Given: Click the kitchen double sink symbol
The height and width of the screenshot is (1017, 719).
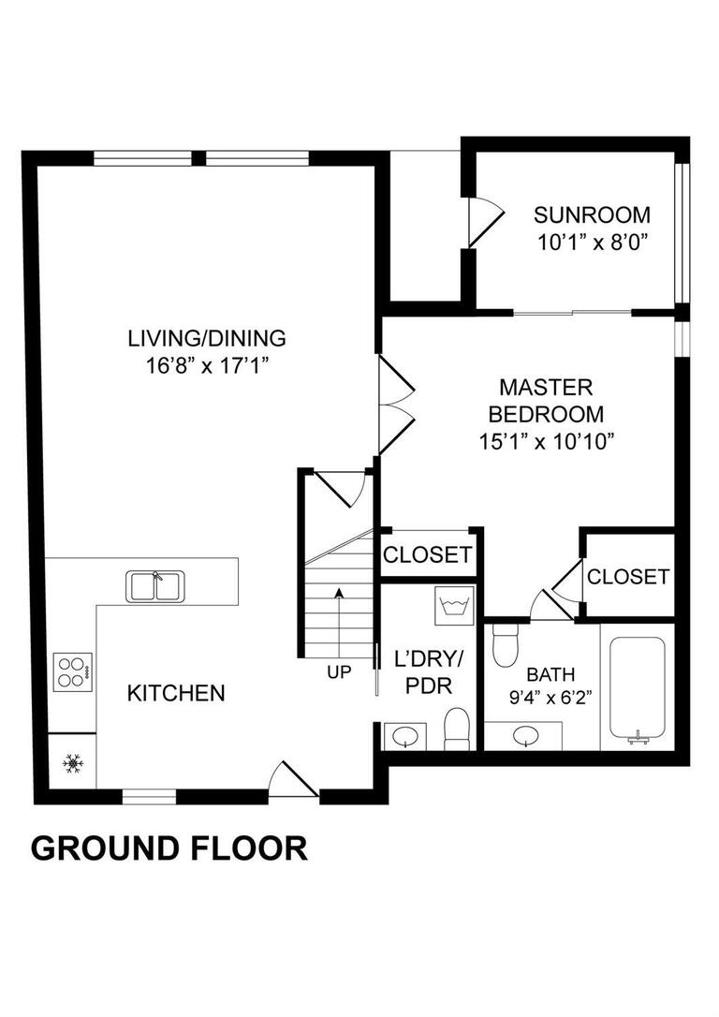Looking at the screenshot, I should coord(155,586).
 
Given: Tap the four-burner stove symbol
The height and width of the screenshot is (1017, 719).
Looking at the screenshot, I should coord(72,671).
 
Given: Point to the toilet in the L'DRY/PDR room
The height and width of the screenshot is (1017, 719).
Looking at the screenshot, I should coord(457,729).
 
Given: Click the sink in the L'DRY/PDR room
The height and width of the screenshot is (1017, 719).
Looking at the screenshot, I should coord(405,736).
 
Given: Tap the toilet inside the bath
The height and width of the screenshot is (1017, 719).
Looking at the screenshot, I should coord(506,642).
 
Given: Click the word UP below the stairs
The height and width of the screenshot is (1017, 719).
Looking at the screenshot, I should coord(339,671).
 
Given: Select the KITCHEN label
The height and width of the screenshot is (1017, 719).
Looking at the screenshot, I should coord(176,693).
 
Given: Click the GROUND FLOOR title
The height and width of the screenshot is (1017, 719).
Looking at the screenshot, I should coord(169,847).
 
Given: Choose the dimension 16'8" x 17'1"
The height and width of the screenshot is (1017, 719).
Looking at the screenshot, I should coord(207,364).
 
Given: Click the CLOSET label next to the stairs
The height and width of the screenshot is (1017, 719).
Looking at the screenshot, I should coord(428,554).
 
